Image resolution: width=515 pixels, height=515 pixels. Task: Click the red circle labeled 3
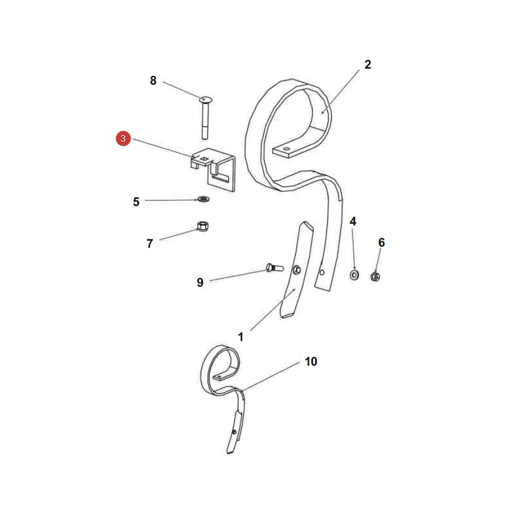tap(123, 138)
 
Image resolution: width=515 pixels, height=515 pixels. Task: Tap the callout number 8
tap(153, 81)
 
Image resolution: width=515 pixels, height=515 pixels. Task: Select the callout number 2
tap(367, 64)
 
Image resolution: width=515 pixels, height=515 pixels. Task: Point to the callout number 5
tap(136, 201)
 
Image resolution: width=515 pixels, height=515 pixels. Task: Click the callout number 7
tap(150, 243)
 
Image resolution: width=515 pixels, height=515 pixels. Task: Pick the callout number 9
tap(200, 283)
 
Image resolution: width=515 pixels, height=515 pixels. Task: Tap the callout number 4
tap(352, 221)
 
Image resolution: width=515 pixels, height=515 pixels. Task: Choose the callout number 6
tap(381, 243)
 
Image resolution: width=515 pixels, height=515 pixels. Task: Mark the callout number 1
tap(240, 337)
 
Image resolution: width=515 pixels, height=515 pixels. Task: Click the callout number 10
tap(311, 362)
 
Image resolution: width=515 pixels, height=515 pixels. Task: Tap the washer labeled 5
tap(203, 199)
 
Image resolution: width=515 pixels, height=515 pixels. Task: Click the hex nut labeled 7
tap(203, 226)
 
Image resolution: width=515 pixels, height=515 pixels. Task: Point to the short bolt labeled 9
tap(275, 268)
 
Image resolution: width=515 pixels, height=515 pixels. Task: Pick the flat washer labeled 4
tap(354, 275)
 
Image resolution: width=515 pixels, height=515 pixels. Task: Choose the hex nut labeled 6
tap(375, 276)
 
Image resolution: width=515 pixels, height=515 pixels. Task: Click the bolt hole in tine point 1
tap(296, 270)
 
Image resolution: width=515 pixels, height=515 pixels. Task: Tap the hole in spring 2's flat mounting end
tap(287, 149)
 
